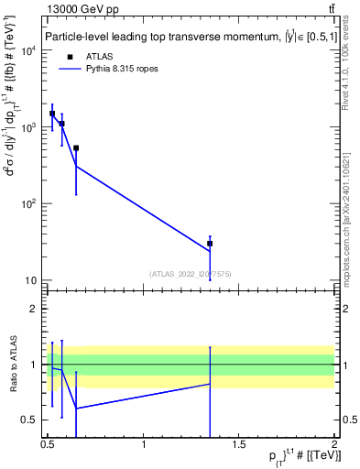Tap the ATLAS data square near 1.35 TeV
[210, 244]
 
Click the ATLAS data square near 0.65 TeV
[76, 147]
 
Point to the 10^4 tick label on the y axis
[30, 50]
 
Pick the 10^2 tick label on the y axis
[30, 203]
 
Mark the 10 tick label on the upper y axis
[33, 279]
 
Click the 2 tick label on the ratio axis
[37, 309]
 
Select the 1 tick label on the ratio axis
[37, 365]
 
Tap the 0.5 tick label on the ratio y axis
[33, 420]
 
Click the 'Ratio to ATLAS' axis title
[13, 365]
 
